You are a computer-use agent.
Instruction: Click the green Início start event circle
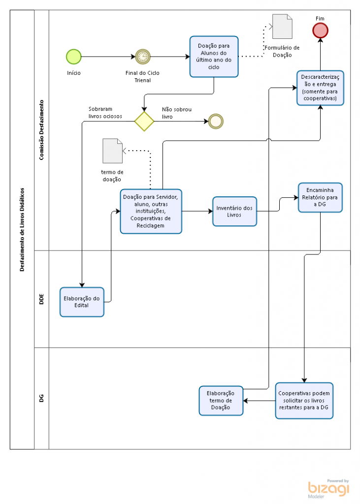coord(74,57)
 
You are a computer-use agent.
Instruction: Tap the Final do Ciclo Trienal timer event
coord(143,57)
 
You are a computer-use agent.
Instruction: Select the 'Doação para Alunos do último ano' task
coord(214,57)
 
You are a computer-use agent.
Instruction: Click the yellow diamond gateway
coord(144,121)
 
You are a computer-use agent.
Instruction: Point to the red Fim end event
coord(320,31)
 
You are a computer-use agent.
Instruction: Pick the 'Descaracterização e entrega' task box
coord(320,88)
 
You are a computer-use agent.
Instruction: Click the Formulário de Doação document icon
coord(283,27)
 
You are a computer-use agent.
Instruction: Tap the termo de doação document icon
coord(113,151)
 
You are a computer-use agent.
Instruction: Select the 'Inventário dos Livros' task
coord(234,212)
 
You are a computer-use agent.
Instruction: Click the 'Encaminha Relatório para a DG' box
coord(320,198)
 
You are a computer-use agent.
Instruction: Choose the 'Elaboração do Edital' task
coord(82,302)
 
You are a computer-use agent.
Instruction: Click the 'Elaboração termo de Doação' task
coord(221,401)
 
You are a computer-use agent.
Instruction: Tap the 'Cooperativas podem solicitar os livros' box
coord(304,401)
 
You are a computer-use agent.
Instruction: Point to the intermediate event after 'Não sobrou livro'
coord(216,122)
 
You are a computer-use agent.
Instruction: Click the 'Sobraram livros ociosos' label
coord(105,113)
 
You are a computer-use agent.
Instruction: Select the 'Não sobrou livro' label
coord(177,113)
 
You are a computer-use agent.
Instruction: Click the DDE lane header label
coord(41,299)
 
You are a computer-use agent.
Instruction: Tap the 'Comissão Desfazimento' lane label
coord(41,130)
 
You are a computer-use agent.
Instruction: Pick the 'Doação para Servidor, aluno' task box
coord(151,212)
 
